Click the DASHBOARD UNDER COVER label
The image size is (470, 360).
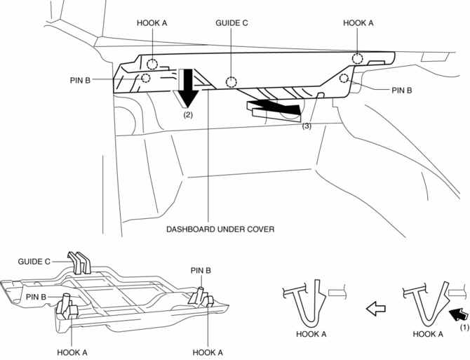click(x=220, y=229)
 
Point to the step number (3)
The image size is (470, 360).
click(x=307, y=126)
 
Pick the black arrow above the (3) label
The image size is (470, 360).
click(x=274, y=108)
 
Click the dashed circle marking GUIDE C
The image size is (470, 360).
click(x=230, y=82)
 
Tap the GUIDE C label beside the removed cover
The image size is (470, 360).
click(x=34, y=260)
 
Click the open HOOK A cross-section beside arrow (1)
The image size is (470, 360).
click(x=424, y=302)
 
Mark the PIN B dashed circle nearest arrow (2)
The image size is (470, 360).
click(x=145, y=78)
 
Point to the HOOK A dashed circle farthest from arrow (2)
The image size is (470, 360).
click(x=358, y=58)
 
